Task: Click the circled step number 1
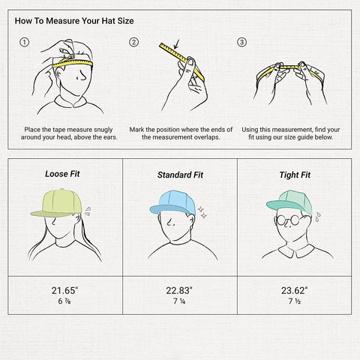(x=24, y=42)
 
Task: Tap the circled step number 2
(x=133, y=42)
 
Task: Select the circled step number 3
(x=241, y=42)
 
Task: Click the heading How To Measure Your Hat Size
(x=74, y=21)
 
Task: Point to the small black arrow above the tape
(x=176, y=44)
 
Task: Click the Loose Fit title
(x=62, y=174)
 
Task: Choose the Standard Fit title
(x=180, y=175)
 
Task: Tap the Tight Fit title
(x=295, y=175)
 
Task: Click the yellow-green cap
(x=58, y=203)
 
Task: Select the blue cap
(x=173, y=203)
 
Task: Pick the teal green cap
(x=290, y=202)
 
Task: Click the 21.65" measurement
(x=65, y=290)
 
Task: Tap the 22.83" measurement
(x=179, y=290)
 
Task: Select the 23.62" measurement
(x=295, y=290)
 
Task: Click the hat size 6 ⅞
(x=64, y=301)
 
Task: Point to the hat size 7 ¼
(x=179, y=301)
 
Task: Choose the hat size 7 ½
(x=295, y=301)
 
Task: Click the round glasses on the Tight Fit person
(x=288, y=220)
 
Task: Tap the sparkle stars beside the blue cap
(x=202, y=212)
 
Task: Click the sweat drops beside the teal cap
(x=317, y=217)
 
